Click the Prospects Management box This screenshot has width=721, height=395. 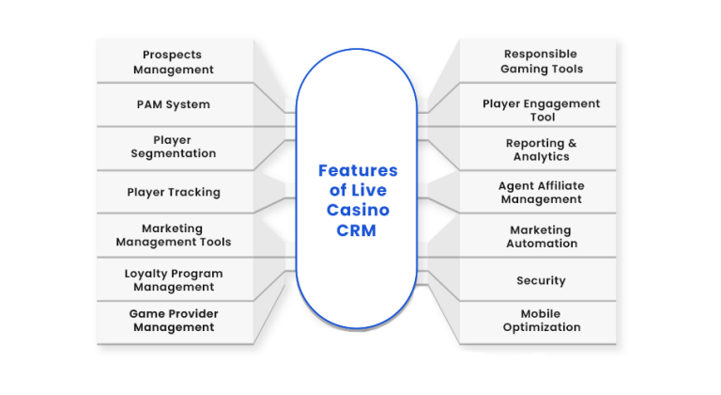[x=175, y=61]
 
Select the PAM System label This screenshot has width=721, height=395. [x=174, y=104]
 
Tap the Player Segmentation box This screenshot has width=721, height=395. [x=175, y=149]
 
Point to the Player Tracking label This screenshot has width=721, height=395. [x=174, y=192]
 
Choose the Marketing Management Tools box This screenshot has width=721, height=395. [x=175, y=235]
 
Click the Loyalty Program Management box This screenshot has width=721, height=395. [x=175, y=279]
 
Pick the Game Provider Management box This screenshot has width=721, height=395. [x=175, y=323]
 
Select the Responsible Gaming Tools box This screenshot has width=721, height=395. [x=538, y=61]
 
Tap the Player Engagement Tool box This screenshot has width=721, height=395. [x=538, y=104]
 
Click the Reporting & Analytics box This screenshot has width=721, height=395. [x=538, y=149]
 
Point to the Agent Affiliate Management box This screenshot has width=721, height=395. [x=538, y=192]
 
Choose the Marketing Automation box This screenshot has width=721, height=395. [x=538, y=235]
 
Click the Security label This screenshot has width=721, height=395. [x=541, y=280]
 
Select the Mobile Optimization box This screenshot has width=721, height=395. [x=538, y=323]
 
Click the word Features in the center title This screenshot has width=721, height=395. [x=358, y=170]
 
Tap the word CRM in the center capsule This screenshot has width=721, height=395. [x=357, y=230]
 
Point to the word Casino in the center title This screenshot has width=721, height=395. [x=359, y=210]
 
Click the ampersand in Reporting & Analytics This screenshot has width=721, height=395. [x=572, y=143]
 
